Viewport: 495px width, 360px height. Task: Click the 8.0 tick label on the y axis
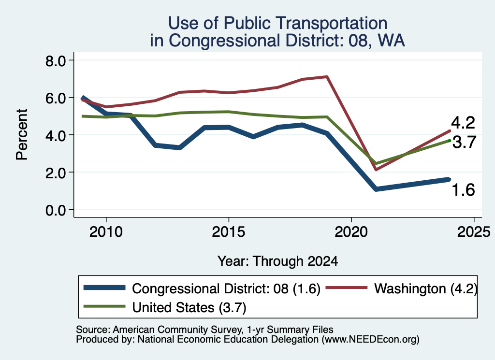pos(55,60)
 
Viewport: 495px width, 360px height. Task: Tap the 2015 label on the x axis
pos(229,232)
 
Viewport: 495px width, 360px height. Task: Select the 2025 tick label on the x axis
pos(474,232)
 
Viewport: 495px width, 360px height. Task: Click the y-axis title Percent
pos(22,135)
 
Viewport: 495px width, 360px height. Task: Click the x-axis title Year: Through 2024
pos(277,261)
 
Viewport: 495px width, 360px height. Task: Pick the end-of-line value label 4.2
pos(463,123)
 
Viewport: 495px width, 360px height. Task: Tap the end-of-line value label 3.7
pos(464,142)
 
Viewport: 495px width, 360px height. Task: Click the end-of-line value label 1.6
pos(463,190)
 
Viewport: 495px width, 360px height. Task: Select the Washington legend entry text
pos(426,288)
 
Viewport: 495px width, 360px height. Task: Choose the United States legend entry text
pos(189,308)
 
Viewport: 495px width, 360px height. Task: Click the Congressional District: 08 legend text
pos(226,288)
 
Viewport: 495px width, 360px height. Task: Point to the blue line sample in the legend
pos(104,288)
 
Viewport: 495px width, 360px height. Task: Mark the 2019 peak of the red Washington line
pos(327,77)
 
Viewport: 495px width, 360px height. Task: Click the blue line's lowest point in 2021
pos(376,188)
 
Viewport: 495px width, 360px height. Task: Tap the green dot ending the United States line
pos(449,141)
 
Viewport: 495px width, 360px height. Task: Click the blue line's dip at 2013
pos(180,147)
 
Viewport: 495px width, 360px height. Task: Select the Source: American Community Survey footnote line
pos(204,330)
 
